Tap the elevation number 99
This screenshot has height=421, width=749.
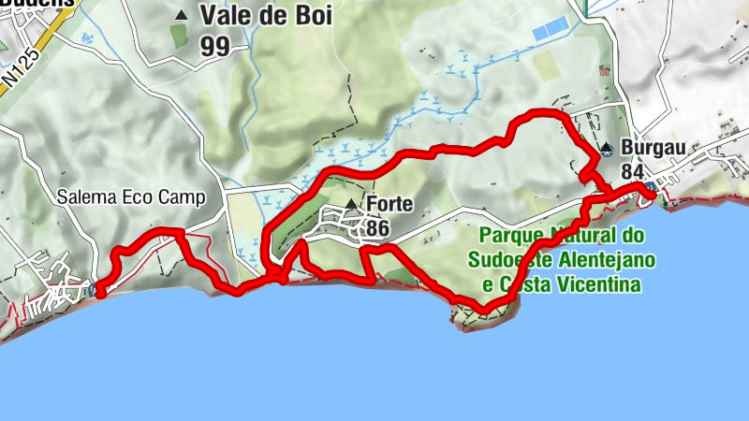[215, 45]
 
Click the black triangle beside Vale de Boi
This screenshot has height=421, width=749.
[181, 15]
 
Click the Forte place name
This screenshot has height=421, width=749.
[390, 204]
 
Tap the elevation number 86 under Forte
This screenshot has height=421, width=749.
[378, 227]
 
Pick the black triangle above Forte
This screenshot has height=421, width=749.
[351, 203]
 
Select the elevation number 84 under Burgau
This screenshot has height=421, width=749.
[632, 172]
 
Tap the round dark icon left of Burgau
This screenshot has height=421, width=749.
[607, 148]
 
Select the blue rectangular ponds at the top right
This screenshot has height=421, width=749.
[550, 29]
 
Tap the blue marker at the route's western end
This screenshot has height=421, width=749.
[99, 290]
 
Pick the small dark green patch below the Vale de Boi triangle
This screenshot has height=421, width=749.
[180, 36]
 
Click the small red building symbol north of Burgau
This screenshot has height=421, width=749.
[605, 70]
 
